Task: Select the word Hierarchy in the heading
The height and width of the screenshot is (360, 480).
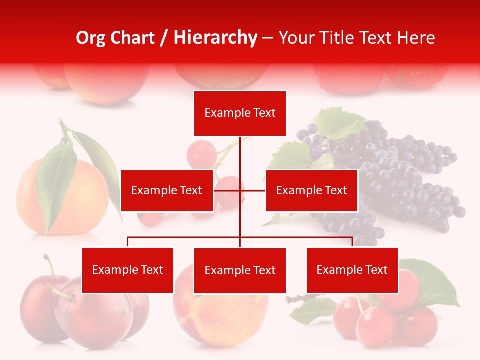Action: (x=215, y=38)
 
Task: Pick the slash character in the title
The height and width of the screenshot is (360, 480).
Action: (x=164, y=38)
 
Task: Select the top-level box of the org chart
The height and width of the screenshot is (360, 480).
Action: (x=240, y=113)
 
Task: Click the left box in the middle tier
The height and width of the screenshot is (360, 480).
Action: (x=167, y=190)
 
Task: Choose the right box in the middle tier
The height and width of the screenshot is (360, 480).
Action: (x=311, y=190)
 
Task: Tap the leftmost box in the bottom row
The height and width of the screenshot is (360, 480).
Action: (x=127, y=270)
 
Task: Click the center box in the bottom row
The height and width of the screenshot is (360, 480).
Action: (x=240, y=270)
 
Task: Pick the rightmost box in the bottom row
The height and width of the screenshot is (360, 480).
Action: (x=352, y=270)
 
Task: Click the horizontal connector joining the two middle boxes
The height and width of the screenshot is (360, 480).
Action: (x=252, y=190)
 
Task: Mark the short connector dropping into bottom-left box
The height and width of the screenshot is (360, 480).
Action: (x=127, y=242)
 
